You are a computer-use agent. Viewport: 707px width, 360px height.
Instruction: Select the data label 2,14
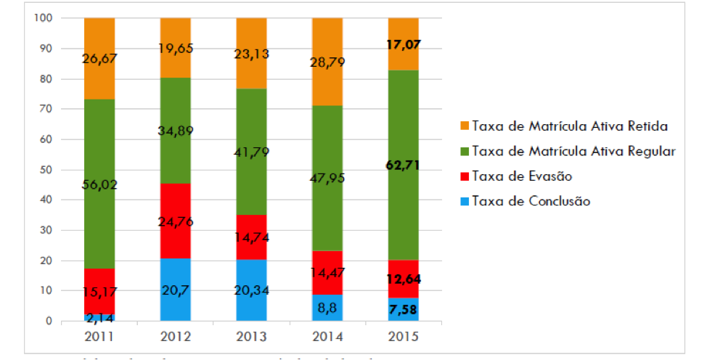[99, 318]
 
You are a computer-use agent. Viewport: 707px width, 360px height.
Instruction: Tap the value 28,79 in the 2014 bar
[327, 62]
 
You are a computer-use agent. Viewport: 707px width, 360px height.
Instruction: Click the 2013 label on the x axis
[251, 337]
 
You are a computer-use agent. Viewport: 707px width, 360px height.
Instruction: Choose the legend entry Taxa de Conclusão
[531, 201]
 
